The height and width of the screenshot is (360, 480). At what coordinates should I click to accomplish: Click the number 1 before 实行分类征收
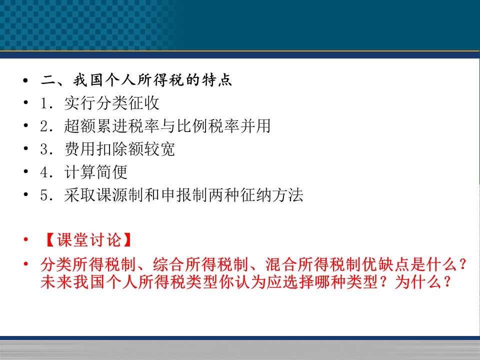click(44, 103)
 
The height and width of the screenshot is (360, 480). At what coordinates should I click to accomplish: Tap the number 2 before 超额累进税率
click(44, 126)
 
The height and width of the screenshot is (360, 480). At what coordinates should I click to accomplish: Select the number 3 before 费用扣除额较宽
click(44, 149)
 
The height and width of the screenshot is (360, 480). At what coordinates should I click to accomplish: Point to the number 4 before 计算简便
click(44, 172)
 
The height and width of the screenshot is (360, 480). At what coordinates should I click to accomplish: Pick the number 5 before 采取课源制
click(44, 195)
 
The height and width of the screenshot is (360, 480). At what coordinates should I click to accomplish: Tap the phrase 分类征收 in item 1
click(127, 103)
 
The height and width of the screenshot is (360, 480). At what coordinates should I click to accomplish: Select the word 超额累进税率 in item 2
click(111, 126)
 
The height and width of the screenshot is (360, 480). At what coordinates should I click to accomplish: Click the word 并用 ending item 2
click(255, 126)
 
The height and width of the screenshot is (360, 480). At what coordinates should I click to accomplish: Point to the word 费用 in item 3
click(80, 149)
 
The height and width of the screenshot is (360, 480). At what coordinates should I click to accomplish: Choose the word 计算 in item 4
click(80, 171)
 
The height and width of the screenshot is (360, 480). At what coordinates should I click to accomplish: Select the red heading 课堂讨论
click(89, 239)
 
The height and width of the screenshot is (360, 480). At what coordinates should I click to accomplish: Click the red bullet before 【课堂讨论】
click(25, 239)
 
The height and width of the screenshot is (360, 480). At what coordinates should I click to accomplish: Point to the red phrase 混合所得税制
click(313, 264)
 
